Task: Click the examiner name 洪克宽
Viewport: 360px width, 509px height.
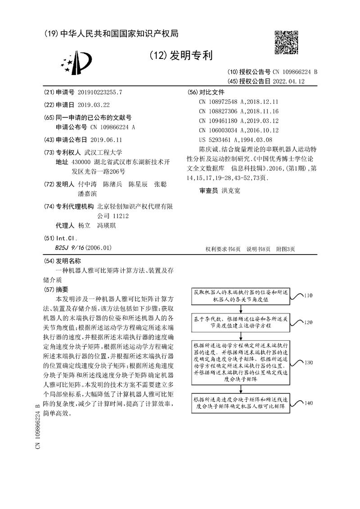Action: pos(231,191)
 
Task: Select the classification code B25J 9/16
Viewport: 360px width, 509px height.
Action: pos(68,247)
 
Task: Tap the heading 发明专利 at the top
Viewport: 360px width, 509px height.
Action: pos(180,56)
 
